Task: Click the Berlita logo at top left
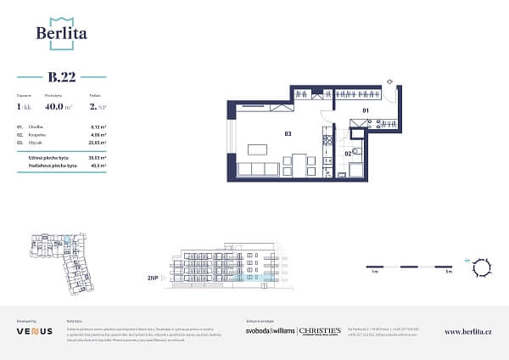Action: [x=62, y=31]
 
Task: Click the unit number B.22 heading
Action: [x=62, y=77]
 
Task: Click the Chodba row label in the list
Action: [x=37, y=126]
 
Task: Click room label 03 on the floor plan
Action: [x=288, y=133]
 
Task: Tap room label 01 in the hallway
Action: [x=366, y=110]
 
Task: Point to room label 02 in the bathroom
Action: [x=349, y=153]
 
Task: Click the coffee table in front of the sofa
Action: [x=256, y=149]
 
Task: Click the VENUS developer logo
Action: [x=34, y=331]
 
